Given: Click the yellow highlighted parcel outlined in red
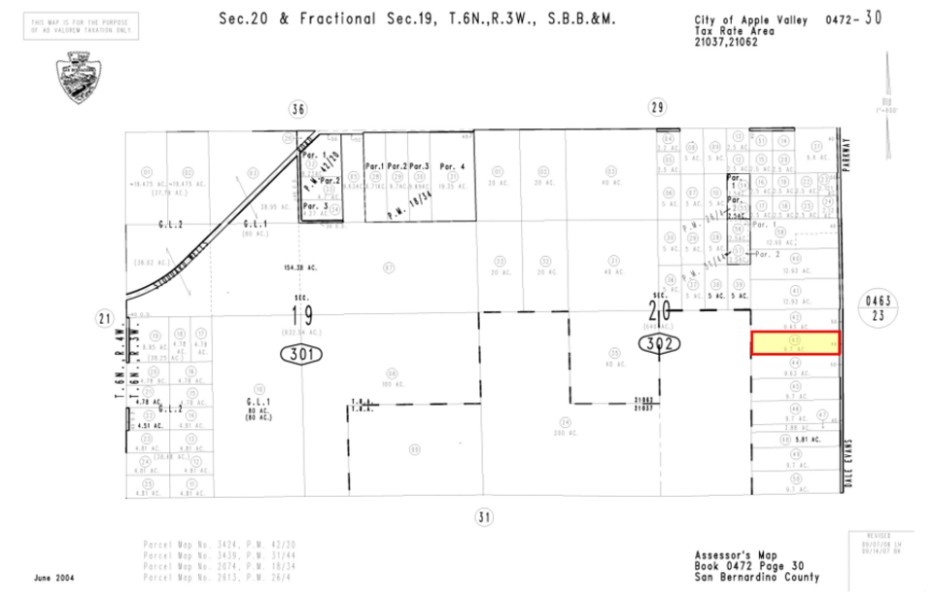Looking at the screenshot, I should click(795, 343).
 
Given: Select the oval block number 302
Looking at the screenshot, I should click(659, 343).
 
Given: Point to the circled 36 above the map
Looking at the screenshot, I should click(297, 108).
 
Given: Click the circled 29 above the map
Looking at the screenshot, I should click(657, 107).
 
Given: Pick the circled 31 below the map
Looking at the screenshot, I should click(483, 517).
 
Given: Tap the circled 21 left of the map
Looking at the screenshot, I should click(105, 318).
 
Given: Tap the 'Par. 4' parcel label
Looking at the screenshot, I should click(451, 166).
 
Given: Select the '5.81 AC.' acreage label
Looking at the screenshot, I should click(808, 440).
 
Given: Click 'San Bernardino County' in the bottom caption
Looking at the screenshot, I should click(756, 577).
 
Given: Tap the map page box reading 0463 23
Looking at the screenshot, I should click(883, 307).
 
